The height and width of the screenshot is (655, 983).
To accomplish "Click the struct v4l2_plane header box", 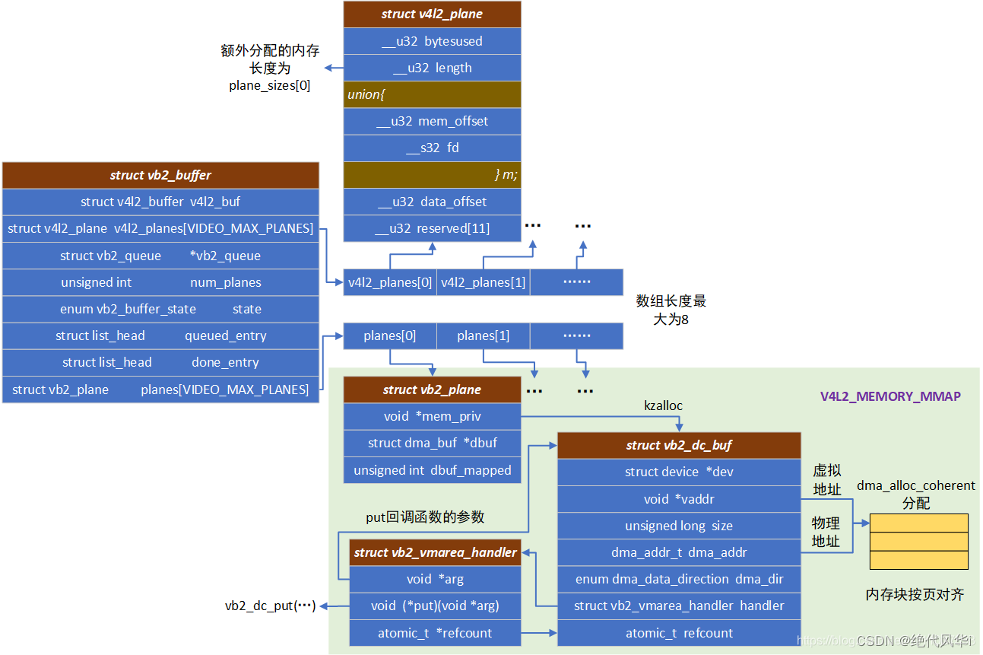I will [432, 14].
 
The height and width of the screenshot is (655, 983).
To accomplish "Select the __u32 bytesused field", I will [432, 41].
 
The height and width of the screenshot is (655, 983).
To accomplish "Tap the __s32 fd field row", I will [432, 148].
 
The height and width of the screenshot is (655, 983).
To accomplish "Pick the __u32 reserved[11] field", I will [432, 228].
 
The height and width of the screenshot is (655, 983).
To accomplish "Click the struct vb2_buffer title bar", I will [160, 175].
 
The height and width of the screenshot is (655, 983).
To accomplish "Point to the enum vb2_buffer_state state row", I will [160, 309].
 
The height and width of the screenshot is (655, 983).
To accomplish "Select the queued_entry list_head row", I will [160, 335].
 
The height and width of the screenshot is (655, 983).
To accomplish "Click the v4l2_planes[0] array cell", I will [390, 282].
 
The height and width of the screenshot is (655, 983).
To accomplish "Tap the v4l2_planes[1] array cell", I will [483, 282].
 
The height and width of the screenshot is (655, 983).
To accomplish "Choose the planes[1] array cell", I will [483, 335].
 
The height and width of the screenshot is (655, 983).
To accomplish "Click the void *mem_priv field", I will [432, 417].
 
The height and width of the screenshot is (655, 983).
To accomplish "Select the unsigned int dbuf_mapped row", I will [432, 470].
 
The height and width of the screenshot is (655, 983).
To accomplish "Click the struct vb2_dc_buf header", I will [679, 445].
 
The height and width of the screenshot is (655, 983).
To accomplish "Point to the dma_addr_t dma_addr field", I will [679, 552].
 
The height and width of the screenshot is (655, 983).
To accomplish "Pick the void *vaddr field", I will [679, 499].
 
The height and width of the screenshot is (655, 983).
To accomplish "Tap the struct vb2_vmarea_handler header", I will [435, 552].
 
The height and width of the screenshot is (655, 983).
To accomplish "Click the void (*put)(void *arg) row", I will [435, 606].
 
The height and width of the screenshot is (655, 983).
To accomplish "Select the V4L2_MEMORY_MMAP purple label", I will [889, 396].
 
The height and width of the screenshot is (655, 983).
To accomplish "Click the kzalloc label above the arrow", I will [663, 405].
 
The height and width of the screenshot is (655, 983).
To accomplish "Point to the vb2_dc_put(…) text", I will [270, 606].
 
